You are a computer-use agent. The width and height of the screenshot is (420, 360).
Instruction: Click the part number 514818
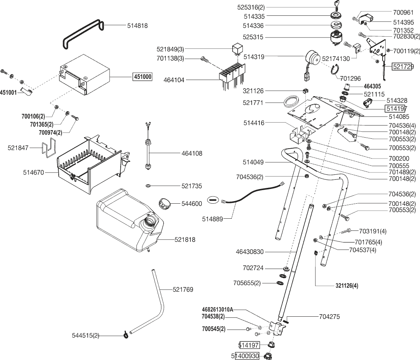[x=138, y=26]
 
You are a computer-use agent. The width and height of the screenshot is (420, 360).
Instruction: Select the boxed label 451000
[x=142, y=77]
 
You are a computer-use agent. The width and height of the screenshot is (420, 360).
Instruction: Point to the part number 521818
[x=185, y=240]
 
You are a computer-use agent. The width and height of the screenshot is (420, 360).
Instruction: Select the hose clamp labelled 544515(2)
[x=126, y=334]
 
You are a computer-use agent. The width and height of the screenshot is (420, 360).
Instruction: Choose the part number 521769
[x=183, y=290]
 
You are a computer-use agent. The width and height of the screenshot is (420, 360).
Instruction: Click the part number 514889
[x=212, y=219]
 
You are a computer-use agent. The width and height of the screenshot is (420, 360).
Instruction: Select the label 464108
[x=191, y=153]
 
